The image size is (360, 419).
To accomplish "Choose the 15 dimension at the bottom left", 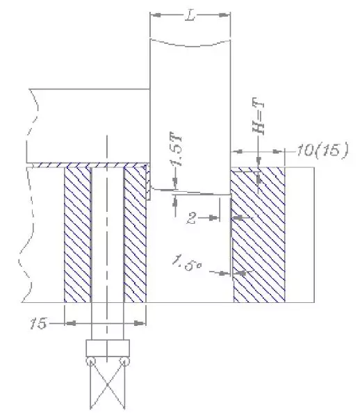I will [x=40, y=322].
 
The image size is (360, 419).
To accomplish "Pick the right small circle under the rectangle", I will [x=125, y=361].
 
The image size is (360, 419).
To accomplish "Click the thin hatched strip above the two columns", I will [x=104, y=166].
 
